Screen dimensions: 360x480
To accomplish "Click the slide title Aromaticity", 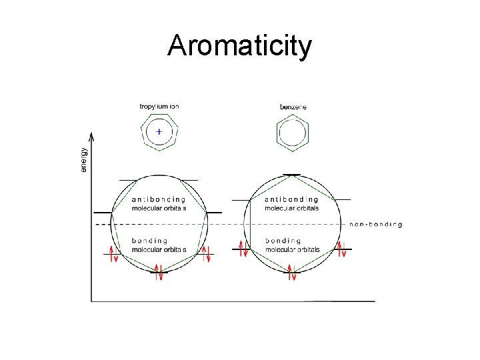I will [x=239, y=45].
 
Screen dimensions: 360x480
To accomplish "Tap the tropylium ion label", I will [x=159, y=106].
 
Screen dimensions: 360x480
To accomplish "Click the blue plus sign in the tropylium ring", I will [x=159, y=132].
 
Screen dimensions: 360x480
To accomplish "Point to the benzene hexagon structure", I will [x=292, y=132].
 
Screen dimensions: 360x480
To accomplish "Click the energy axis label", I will [x=83, y=160].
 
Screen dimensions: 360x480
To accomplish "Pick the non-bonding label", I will [x=375, y=225].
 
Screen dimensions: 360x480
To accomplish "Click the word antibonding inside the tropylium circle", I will [x=159, y=199].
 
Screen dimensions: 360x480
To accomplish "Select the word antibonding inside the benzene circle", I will [x=291, y=199].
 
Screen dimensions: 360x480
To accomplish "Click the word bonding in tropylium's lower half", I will [x=149, y=241].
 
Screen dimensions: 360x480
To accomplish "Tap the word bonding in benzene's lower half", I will [x=283, y=241].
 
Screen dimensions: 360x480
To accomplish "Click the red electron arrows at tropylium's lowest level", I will [x=159, y=273].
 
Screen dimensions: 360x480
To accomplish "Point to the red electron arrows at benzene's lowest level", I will [x=292, y=273].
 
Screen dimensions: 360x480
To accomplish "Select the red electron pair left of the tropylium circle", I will [x=113, y=254].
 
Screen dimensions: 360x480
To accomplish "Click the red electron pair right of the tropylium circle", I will [x=206, y=254].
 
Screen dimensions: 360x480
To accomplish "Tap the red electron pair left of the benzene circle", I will [x=244, y=250].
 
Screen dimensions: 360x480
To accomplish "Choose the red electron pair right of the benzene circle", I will [x=341, y=250].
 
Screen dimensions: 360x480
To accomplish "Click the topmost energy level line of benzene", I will [x=291, y=175].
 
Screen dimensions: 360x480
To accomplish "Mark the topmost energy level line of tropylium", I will [x=159, y=180].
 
